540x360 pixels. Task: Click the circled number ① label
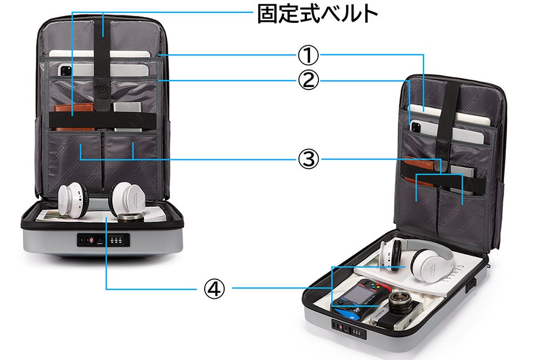pos(307,56)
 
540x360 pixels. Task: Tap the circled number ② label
pos(307,80)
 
